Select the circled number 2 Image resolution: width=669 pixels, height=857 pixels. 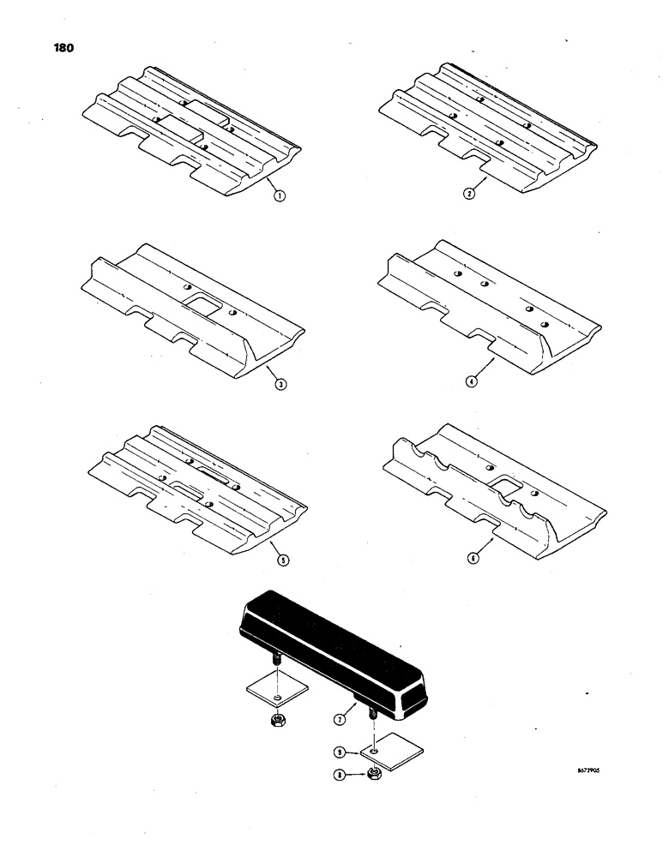(x=469, y=194)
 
